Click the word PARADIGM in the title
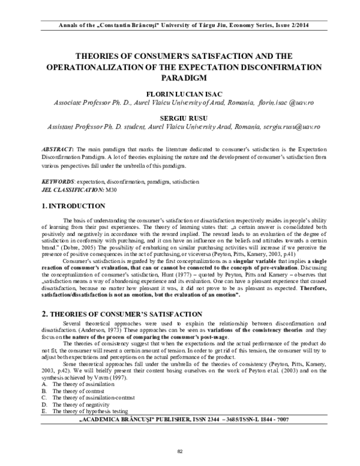tap(179, 77)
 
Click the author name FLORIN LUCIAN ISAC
tap(179, 94)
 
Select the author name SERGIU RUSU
tap(179, 120)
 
